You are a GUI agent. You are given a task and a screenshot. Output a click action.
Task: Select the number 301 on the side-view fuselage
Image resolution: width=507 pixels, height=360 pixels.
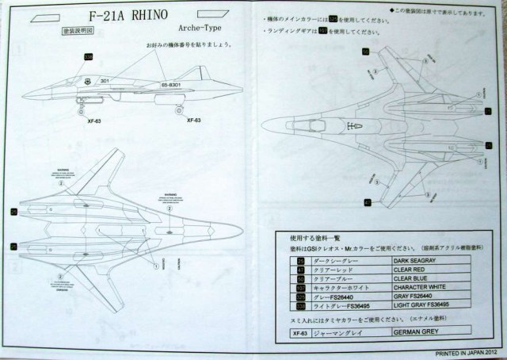point(104,80)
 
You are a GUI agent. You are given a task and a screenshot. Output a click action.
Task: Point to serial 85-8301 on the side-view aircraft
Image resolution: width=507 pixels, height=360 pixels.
point(173,83)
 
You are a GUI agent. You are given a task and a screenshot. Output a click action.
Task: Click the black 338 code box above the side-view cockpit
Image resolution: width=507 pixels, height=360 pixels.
point(89,56)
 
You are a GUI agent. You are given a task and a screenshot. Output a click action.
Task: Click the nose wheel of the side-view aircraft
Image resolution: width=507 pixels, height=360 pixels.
point(78,109)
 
